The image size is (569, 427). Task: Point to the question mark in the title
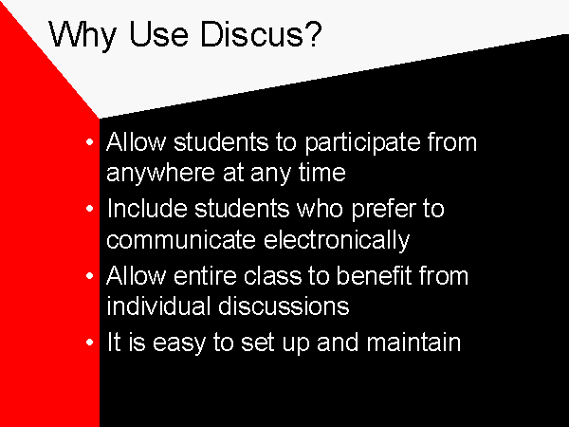(x=314, y=34)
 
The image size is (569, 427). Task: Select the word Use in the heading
(x=159, y=34)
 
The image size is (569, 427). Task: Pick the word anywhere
(x=161, y=174)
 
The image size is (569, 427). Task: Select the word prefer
(x=383, y=211)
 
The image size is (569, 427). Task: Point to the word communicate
(x=181, y=239)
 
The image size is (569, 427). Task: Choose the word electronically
(x=337, y=241)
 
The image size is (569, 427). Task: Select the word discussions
(x=284, y=306)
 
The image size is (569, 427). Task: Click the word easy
(x=178, y=344)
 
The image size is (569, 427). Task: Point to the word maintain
(x=413, y=342)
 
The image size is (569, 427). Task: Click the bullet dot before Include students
(x=90, y=209)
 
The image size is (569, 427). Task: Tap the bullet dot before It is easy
(x=90, y=343)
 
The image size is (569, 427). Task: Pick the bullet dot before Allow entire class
(x=90, y=276)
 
